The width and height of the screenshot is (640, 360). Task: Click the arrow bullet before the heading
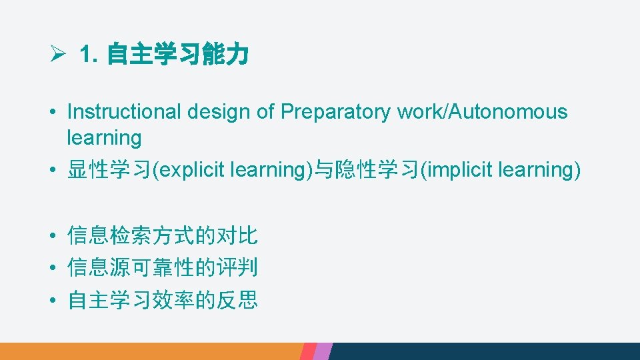(x=57, y=55)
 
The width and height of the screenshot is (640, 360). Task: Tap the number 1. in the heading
(x=89, y=55)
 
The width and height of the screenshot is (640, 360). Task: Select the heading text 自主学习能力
(x=177, y=55)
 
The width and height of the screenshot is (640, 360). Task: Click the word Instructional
(x=124, y=111)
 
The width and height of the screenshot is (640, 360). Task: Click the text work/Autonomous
(x=482, y=111)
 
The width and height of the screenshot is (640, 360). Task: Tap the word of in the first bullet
(x=265, y=111)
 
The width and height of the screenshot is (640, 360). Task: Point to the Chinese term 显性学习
(x=109, y=170)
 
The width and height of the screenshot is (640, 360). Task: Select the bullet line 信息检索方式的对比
(x=163, y=235)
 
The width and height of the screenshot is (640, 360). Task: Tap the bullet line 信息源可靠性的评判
(x=163, y=268)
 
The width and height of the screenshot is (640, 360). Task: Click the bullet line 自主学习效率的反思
(x=163, y=301)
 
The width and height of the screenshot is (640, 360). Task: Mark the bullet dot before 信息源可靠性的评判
(x=51, y=269)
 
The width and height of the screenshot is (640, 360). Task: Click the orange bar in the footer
(x=150, y=351)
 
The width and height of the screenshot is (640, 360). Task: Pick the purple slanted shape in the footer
(x=323, y=351)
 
